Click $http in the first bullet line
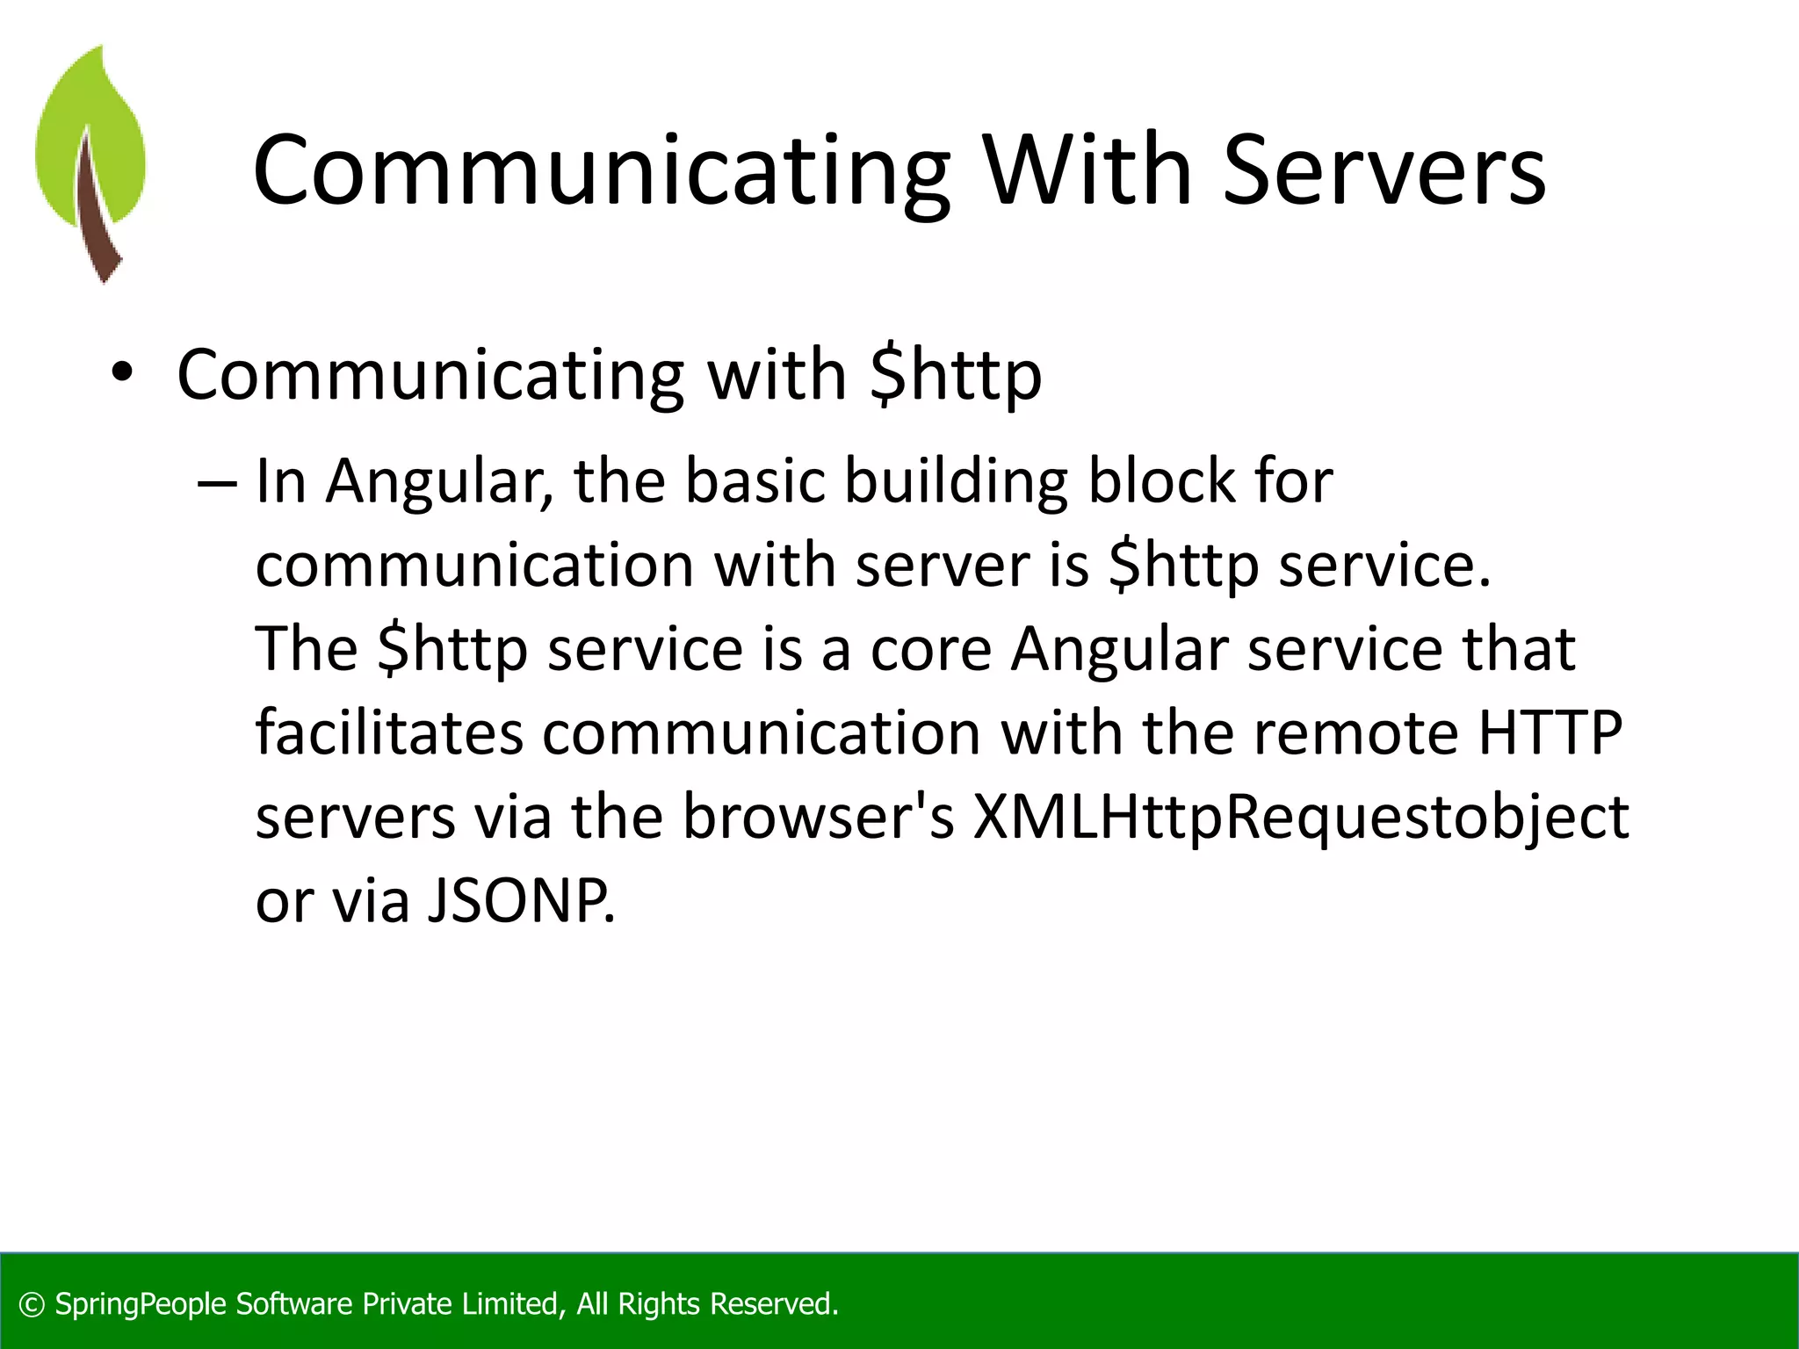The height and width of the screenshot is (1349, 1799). tap(955, 376)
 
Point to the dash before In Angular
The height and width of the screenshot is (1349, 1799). tap(216, 484)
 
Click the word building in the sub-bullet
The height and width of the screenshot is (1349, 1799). tap(956, 482)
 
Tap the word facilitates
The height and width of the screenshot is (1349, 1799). tap(388, 732)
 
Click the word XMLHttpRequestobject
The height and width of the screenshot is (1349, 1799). tap(1300, 818)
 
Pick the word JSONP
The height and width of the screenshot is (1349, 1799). tap(521, 901)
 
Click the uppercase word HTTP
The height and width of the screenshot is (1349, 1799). tap(1550, 732)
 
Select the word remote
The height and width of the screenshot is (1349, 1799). tap(1355, 732)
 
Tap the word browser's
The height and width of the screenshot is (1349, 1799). tap(818, 816)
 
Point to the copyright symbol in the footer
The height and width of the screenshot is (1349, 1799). tap(32, 1305)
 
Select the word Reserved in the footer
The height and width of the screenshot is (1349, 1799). tap(773, 1304)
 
